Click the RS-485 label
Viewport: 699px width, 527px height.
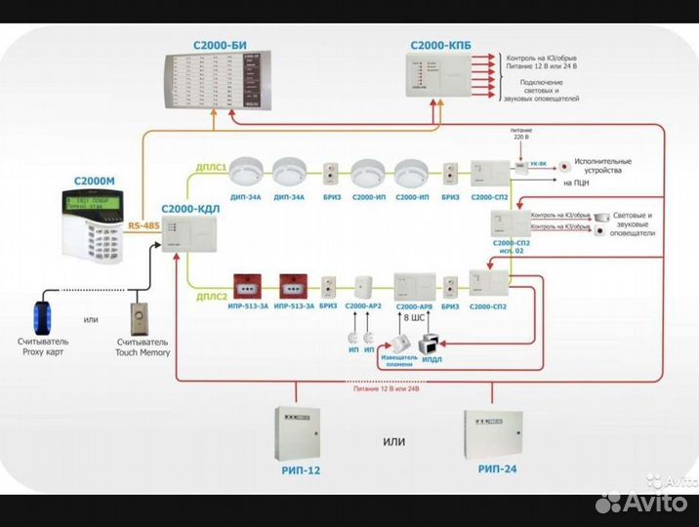(x=144, y=226)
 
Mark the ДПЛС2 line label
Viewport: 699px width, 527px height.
(x=213, y=295)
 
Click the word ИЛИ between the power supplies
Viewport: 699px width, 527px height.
(x=393, y=441)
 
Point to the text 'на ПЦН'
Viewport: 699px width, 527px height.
(x=576, y=182)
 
